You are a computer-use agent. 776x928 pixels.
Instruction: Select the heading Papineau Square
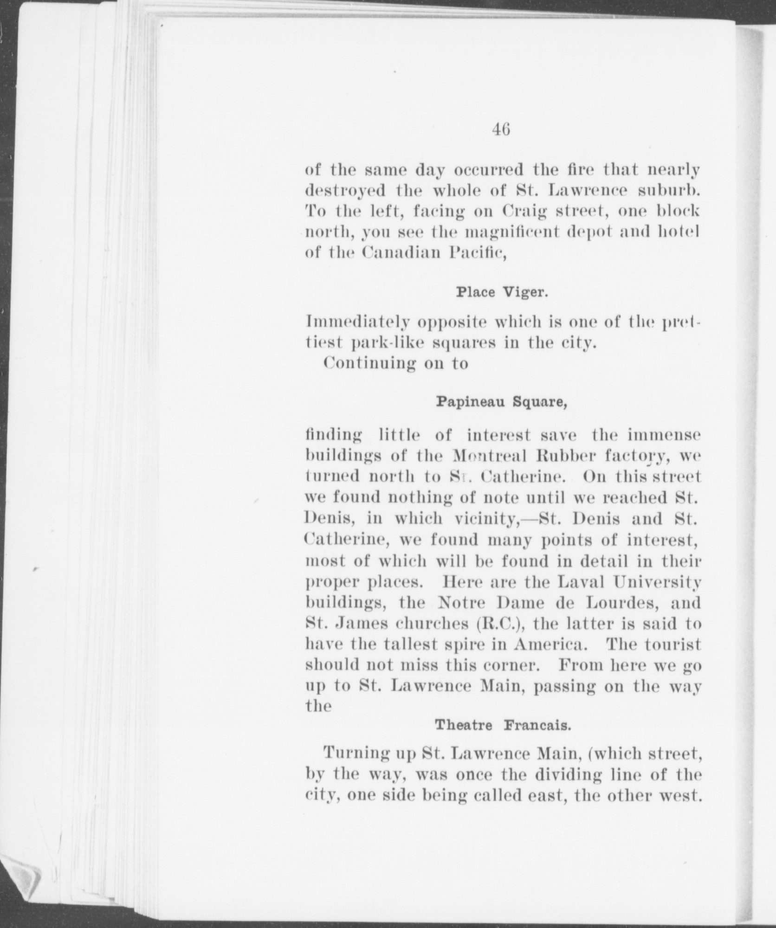click(502, 402)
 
